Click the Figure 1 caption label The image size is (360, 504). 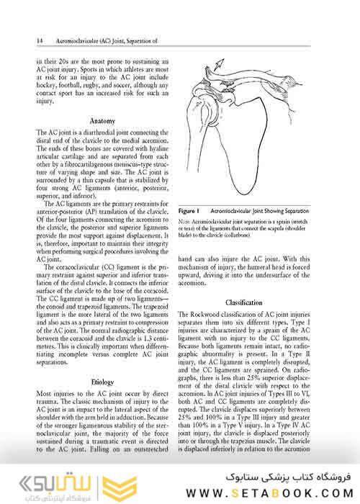[x=191, y=210]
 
